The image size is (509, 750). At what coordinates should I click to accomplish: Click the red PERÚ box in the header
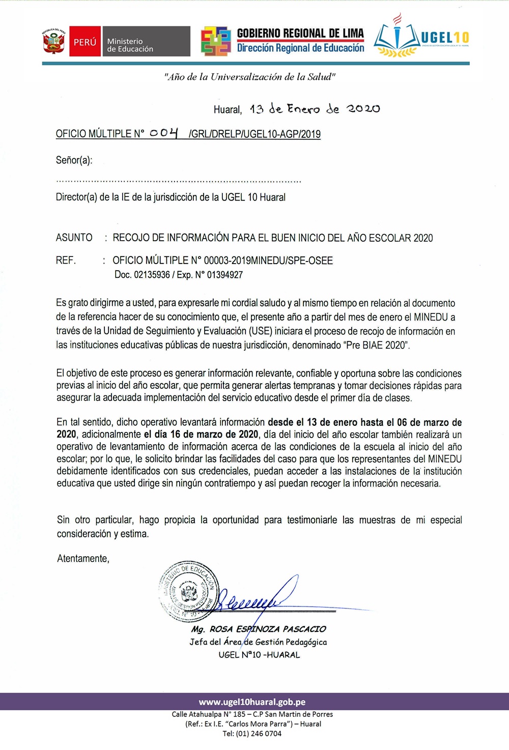pyautogui.click(x=84, y=42)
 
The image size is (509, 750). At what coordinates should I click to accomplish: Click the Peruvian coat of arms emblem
pyautogui.click(x=53, y=42)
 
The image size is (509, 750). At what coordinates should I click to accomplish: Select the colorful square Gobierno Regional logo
pyautogui.click(x=216, y=41)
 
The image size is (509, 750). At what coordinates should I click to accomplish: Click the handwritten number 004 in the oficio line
pyautogui.click(x=164, y=133)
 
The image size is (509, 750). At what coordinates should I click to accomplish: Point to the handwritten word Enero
pyautogui.click(x=303, y=109)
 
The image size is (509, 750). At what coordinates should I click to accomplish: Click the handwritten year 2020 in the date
pyautogui.click(x=363, y=109)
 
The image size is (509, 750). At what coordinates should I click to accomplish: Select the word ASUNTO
pyautogui.click(x=74, y=238)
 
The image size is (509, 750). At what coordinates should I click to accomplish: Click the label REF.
pyautogui.click(x=66, y=261)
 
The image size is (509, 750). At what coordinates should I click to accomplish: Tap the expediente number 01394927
pyautogui.click(x=224, y=275)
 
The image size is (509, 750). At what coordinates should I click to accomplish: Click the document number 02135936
pyautogui.click(x=152, y=275)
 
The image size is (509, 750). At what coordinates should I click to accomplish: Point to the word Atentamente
pyautogui.click(x=83, y=559)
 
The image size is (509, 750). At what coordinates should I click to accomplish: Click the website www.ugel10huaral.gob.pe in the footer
pyautogui.click(x=252, y=702)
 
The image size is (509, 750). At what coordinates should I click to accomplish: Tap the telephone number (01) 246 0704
pyautogui.click(x=259, y=733)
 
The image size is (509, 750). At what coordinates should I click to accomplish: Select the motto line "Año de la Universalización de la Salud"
pyautogui.click(x=249, y=77)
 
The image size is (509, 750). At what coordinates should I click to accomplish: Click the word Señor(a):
pyautogui.click(x=74, y=160)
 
